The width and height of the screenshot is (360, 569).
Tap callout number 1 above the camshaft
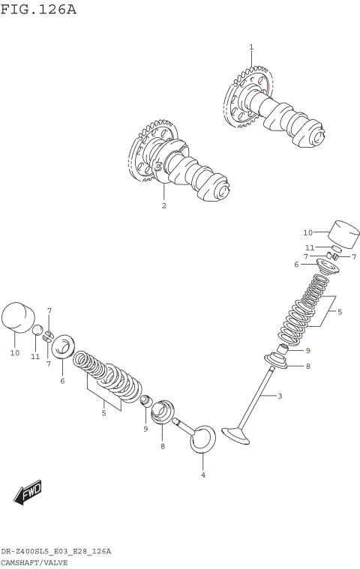point(251,47)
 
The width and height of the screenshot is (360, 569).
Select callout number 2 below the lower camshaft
point(163,205)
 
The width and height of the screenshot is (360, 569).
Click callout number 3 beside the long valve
point(280,396)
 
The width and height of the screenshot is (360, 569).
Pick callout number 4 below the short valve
point(202,475)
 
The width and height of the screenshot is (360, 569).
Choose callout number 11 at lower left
point(35,356)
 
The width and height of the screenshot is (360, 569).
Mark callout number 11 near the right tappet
point(309,247)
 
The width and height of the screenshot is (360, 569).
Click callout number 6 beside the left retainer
point(62,381)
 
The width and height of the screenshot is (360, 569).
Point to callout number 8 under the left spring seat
point(161,446)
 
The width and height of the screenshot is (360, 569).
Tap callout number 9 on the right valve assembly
point(307,350)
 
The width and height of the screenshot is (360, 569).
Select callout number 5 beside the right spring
point(339,311)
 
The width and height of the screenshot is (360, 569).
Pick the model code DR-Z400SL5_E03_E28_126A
point(56,551)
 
